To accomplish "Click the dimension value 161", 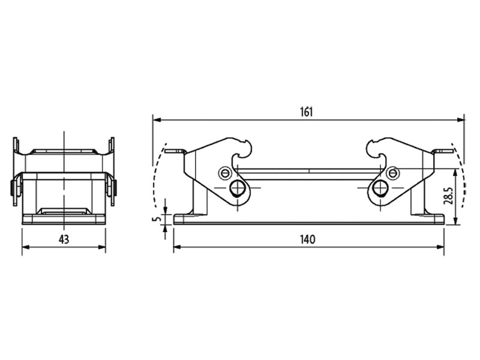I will click(307, 112).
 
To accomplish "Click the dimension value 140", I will click(307, 239).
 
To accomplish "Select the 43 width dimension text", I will click(64, 239).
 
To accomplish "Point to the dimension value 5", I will click(157, 219).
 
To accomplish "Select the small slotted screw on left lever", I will click(225, 173).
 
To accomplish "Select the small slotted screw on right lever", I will click(392, 173).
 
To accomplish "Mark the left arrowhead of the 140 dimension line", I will click(178, 247).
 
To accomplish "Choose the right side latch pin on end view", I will click(113, 188).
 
